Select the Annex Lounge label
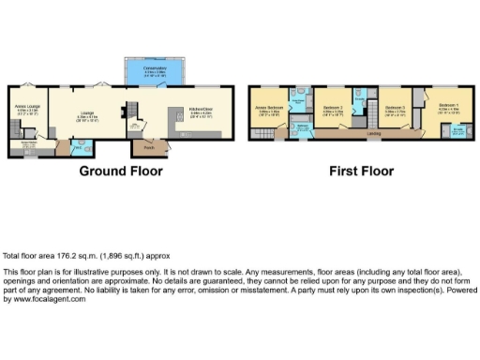pos(25,109)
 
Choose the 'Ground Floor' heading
pos(120,172)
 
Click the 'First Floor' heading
pos(361,172)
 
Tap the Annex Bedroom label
pos(270,108)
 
